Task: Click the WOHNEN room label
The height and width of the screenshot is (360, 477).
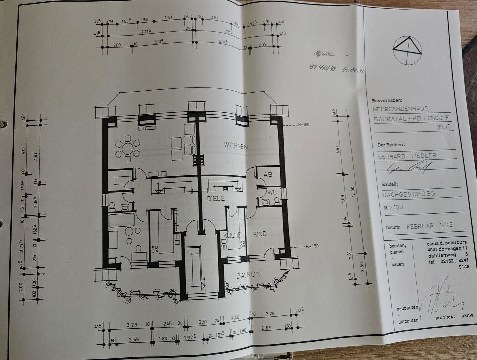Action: tap(235, 146)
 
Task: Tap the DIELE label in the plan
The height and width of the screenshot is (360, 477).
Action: tap(216, 198)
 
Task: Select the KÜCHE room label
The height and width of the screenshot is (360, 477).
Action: tap(232, 235)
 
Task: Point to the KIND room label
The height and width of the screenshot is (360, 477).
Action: tap(260, 234)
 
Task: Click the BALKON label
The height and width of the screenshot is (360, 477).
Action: tap(249, 275)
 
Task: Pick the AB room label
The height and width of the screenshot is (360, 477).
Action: tap(268, 174)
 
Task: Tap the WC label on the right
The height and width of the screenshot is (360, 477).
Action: tap(272, 192)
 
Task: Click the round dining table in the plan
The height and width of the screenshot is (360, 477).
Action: tap(127, 149)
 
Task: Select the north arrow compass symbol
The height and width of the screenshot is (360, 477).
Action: tap(407, 48)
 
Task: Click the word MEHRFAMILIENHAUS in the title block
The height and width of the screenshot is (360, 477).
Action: tap(401, 109)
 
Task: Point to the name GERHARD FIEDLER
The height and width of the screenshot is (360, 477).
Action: tap(407, 156)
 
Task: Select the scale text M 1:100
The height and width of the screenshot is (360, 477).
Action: tap(393, 207)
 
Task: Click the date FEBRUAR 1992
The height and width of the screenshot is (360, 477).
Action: tap(430, 226)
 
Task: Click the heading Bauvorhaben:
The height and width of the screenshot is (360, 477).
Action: tap(387, 100)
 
